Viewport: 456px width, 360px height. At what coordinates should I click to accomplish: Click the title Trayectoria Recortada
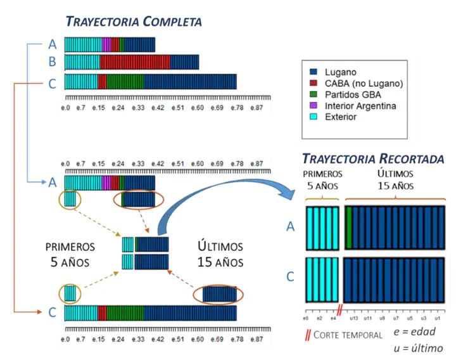point(372,158)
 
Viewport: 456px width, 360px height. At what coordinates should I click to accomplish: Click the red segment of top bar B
point(130,62)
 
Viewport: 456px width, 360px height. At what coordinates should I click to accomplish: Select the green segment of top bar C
point(125,82)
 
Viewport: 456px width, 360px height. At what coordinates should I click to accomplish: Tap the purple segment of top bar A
point(106,44)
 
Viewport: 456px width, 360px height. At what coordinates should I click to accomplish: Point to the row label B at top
point(53,62)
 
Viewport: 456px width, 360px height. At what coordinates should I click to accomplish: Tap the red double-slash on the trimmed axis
point(340,309)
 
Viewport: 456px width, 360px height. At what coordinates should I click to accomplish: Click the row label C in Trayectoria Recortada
point(291,277)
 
